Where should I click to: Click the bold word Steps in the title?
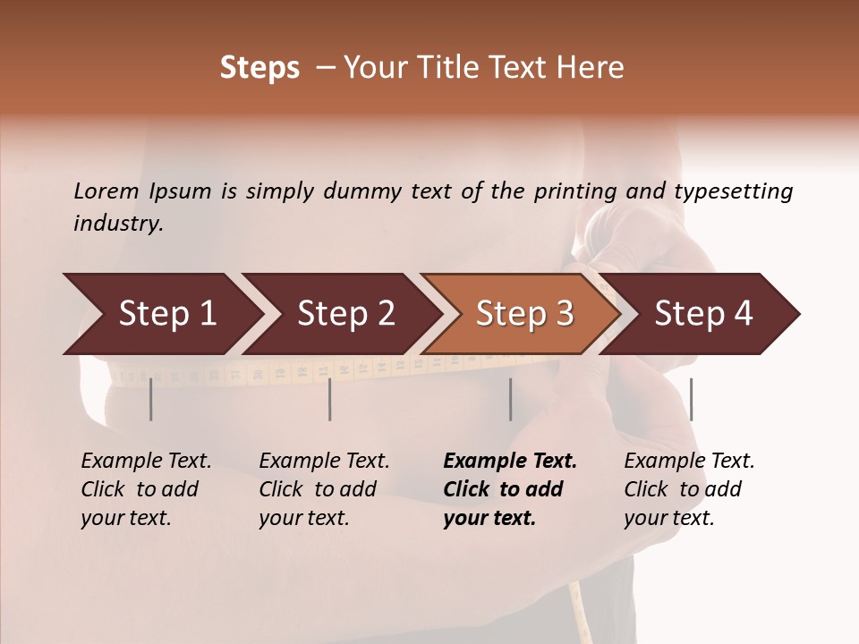[x=259, y=68]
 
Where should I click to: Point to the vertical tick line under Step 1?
[x=151, y=399]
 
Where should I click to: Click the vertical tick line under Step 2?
[x=330, y=399]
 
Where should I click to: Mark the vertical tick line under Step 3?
[x=511, y=399]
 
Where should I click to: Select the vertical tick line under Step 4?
[x=691, y=399]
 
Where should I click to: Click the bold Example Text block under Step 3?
[x=510, y=489]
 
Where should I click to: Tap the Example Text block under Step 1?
[x=146, y=489]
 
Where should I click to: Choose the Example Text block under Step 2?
[x=324, y=489]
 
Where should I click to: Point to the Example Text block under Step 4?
[x=689, y=489]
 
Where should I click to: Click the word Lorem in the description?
[x=106, y=191]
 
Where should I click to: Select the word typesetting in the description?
[x=733, y=191]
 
